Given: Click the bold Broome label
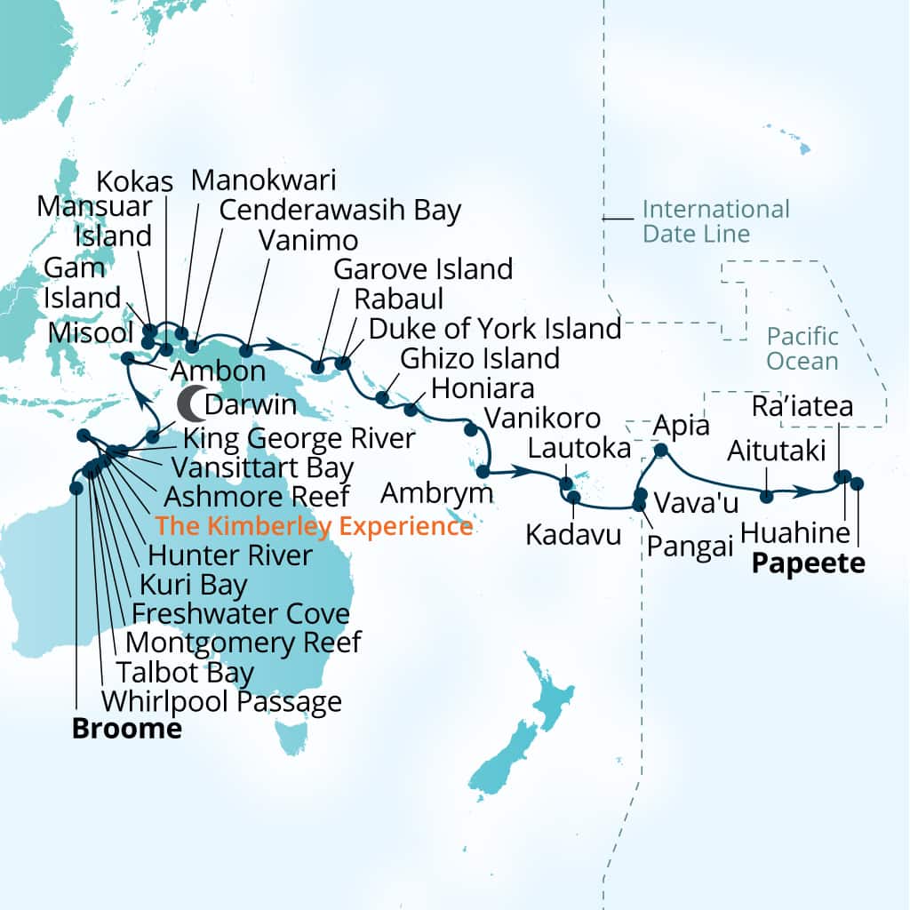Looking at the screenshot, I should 126,730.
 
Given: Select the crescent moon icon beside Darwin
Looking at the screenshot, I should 189,404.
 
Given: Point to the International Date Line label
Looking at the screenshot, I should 714,221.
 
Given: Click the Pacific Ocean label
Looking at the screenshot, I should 802,348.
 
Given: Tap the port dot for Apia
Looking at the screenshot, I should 660,451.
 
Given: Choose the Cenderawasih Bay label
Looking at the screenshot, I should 340,211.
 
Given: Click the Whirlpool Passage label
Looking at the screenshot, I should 221,701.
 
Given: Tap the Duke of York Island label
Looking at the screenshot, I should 495,328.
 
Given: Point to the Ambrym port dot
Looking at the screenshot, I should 483,471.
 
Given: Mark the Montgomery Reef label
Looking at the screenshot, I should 243,642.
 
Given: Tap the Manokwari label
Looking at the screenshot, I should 264,180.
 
